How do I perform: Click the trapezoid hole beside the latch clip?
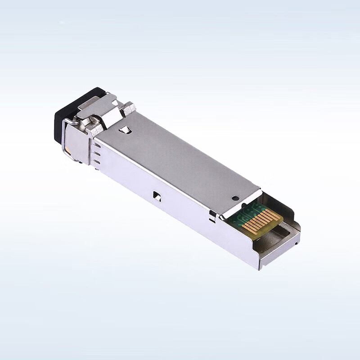tap(126, 130)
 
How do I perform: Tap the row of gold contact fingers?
tap(261, 221)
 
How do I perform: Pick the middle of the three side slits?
tap(97, 153)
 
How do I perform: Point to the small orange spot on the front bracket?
tap(67, 150)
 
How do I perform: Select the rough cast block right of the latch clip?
tap(129, 108)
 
